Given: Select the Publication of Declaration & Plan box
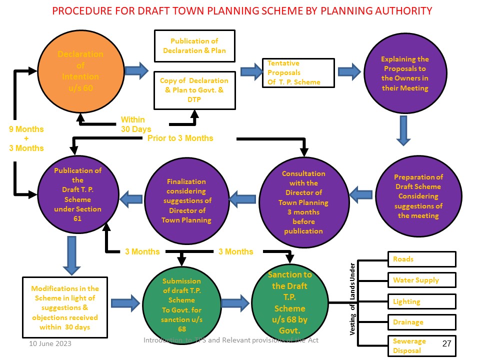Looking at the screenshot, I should [x=194, y=46].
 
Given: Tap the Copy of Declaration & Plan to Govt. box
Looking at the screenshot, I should [x=194, y=89].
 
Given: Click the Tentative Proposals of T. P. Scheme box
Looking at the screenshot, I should [x=298, y=72].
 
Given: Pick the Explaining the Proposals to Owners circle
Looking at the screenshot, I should [x=404, y=73].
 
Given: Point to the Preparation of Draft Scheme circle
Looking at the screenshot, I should [x=418, y=196].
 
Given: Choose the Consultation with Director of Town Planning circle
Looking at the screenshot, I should [x=303, y=201].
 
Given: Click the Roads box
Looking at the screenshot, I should [x=421, y=259].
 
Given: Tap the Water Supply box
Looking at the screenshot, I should [x=421, y=280].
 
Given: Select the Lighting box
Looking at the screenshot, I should [x=421, y=301].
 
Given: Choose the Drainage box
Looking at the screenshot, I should [x=421, y=322].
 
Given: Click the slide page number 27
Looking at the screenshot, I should [x=446, y=344].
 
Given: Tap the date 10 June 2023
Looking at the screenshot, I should [x=50, y=343].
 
